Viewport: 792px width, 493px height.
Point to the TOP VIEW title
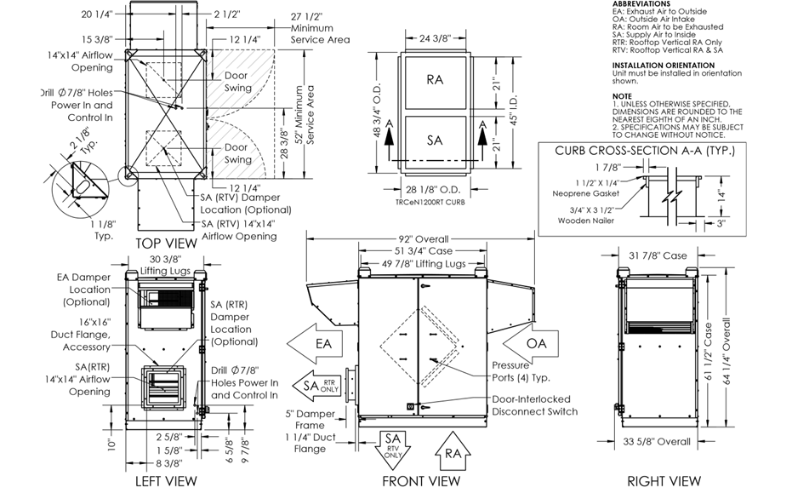click(x=168, y=244)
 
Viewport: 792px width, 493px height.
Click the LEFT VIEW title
click(x=167, y=481)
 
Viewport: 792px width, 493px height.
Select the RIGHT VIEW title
click(x=664, y=481)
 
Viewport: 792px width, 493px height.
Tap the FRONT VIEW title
click(x=421, y=481)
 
